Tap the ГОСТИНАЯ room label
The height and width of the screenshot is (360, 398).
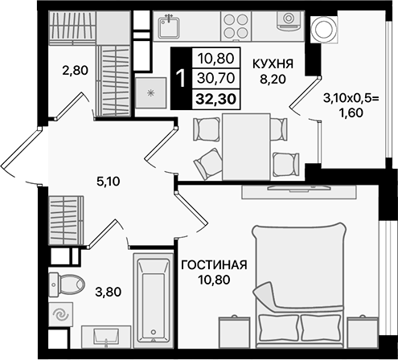pos(213,267)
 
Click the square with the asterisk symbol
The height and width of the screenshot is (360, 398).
pos(150,92)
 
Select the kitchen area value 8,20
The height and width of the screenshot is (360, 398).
pos(272,80)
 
